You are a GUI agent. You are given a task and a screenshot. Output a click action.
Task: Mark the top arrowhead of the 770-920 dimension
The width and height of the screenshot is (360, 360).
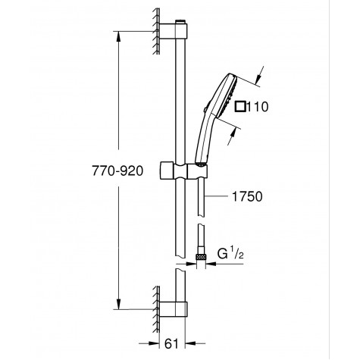coord(120,34)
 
